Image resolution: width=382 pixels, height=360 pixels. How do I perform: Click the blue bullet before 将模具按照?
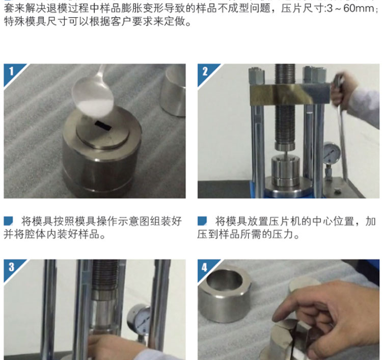8,221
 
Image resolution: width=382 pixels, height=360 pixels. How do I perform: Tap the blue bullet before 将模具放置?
202,221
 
